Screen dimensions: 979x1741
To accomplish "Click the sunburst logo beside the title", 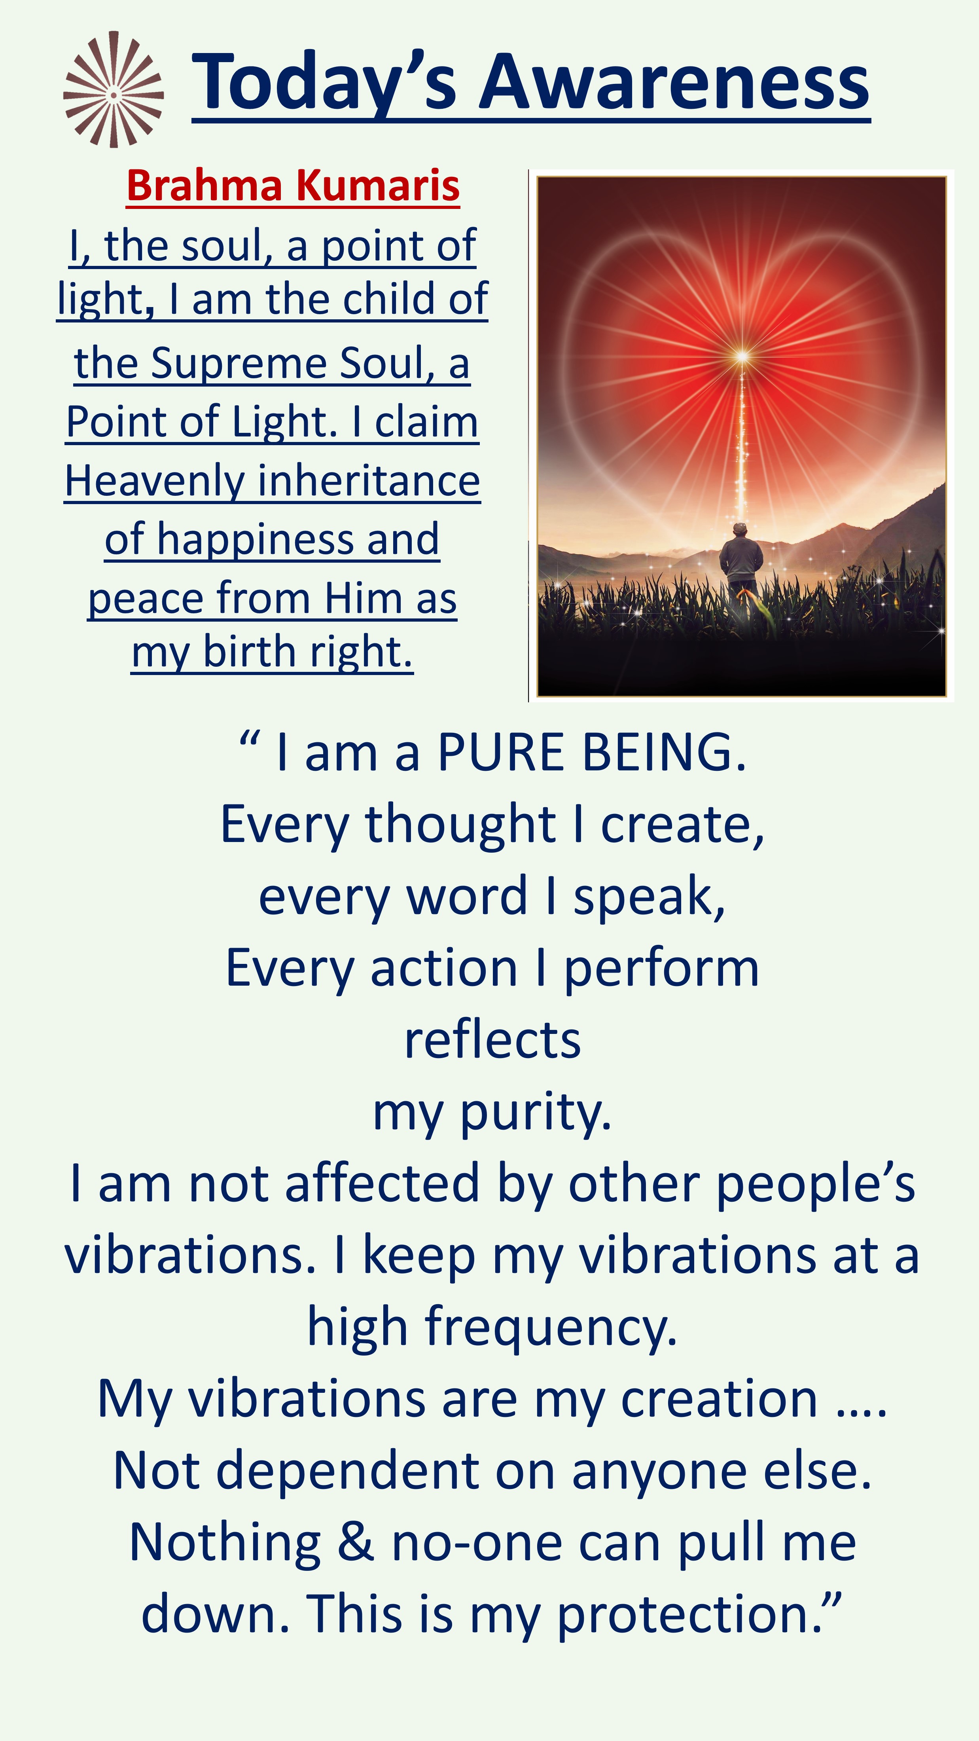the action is (x=114, y=89).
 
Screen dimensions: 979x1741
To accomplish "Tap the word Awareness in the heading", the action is (x=674, y=82).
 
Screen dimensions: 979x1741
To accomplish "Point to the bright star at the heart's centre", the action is (x=742, y=355).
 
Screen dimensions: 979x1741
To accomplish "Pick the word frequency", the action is (x=551, y=1328).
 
